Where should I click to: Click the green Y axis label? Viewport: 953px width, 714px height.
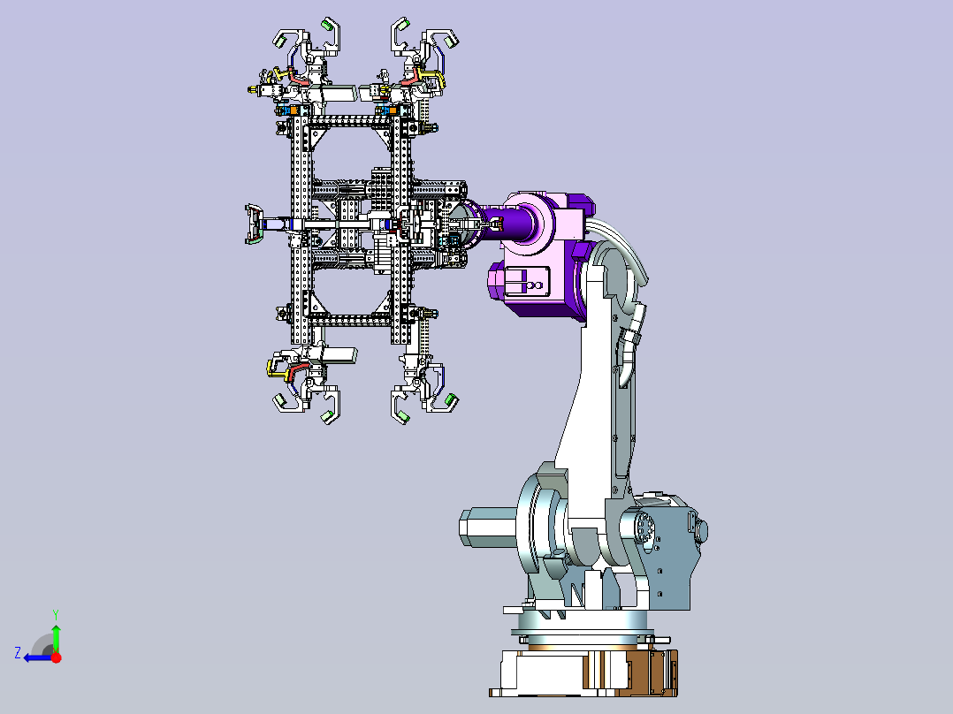pyautogui.click(x=56, y=614)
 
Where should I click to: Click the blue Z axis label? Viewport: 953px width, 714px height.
pyautogui.click(x=18, y=653)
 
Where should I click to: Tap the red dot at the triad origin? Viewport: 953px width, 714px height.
pyautogui.click(x=56, y=657)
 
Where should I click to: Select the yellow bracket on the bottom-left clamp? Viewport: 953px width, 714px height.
pyautogui.click(x=278, y=368)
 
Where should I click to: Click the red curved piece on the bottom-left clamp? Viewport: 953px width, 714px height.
pyautogui.click(x=298, y=369)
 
